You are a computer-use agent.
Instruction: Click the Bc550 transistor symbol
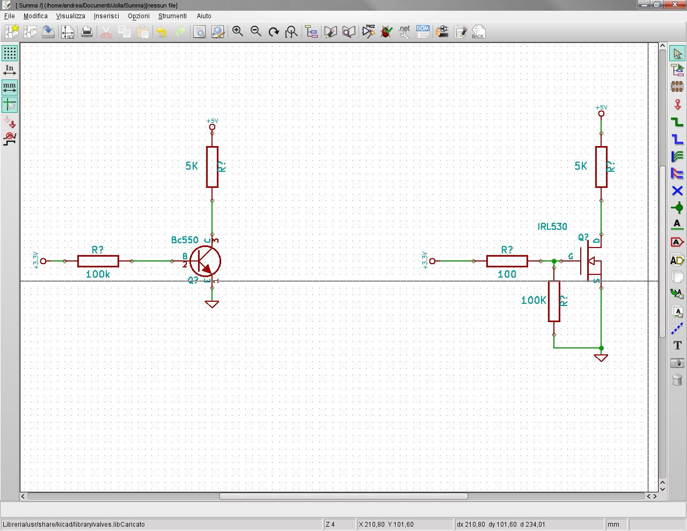(205, 261)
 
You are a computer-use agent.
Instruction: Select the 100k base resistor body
(98, 261)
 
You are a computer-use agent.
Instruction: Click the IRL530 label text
(552, 227)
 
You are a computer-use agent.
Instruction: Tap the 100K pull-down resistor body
(554, 301)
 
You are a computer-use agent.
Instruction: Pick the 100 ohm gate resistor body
(507, 261)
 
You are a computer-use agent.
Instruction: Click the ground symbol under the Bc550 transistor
(212, 304)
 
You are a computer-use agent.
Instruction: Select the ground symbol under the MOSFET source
(601, 358)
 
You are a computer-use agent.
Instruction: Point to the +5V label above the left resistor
(212, 121)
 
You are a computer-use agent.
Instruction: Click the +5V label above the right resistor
(601, 108)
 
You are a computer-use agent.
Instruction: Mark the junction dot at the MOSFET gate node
(554, 261)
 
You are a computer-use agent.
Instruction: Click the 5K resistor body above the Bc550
(212, 167)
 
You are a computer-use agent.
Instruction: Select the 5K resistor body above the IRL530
(601, 167)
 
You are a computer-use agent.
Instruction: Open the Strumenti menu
(172, 16)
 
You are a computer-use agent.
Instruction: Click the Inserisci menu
(106, 16)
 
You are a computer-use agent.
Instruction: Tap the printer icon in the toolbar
(86, 32)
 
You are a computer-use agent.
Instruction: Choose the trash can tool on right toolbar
(677, 380)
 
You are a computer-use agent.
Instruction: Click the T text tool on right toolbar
(677, 345)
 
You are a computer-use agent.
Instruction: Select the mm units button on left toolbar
(10, 87)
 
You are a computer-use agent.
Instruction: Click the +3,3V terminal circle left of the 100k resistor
(43, 261)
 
